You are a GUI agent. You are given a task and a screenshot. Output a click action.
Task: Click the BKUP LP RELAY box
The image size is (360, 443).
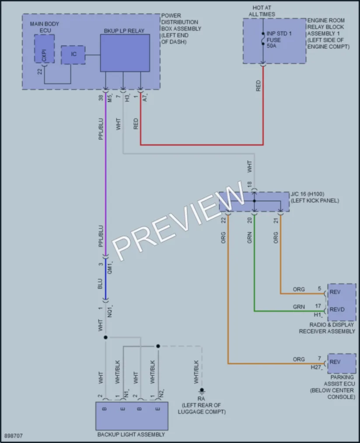(x=125, y=53)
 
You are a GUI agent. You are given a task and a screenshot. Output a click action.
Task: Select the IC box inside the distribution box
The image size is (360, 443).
(x=73, y=55)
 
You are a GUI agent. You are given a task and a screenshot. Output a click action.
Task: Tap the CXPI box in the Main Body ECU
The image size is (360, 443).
(x=44, y=49)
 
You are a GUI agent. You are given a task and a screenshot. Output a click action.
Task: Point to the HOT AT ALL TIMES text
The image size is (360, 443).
(x=262, y=11)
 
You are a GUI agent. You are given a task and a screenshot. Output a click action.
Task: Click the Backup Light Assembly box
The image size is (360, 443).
(x=132, y=416)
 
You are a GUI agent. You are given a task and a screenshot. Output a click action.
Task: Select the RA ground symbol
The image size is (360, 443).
(x=202, y=391)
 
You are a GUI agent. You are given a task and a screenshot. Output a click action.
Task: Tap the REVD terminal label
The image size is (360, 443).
(x=337, y=310)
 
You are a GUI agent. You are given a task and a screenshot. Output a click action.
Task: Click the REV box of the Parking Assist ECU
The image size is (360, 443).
(x=342, y=363)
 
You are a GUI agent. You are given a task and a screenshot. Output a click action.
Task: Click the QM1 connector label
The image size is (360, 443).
(x=110, y=267)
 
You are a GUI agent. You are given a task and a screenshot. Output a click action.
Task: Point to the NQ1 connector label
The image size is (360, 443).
(x=110, y=311)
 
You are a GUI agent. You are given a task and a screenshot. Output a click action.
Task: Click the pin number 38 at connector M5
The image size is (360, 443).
(x=101, y=98)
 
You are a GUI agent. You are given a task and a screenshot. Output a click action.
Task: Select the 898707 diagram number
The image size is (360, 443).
(x=13, y=436)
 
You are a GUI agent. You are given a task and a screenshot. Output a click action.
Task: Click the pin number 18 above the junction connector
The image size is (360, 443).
(x=249, y=184)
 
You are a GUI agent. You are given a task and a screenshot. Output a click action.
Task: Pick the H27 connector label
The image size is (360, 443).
(x=316, y=367)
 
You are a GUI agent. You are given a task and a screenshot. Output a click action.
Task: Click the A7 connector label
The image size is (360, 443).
(x=145, y=98)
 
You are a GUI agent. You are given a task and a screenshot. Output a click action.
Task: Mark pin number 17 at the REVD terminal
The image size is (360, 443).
(x=318, y=306)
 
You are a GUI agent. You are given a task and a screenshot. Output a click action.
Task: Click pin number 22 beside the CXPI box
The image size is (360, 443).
(x=40, y=72)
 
